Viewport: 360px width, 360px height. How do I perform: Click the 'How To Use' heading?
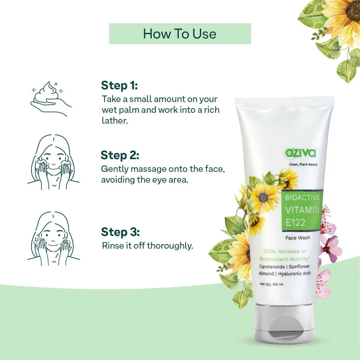click(x=180, y=34)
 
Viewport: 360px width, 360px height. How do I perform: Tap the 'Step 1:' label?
click(x=119, y=85)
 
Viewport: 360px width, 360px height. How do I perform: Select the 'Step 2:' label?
click(x=120, y=155)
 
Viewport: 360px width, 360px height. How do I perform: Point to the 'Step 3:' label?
click(x=120, y=232)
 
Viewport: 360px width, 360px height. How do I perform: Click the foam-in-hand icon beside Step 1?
click(x=51, y=98)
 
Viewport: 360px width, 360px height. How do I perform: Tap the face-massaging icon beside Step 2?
click(x=53, y=162)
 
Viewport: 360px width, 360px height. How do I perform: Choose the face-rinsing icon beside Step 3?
click(x=53, y=239)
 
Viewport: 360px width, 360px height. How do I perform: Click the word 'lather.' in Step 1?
click(x=115, y=121)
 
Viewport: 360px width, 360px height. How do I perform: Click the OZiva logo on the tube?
click(x=300, y=153)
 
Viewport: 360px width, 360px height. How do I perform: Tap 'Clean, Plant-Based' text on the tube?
click(x=303, y=165)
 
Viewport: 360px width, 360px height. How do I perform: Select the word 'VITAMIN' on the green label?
click(x=302, y=210)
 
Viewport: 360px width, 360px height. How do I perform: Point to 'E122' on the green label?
click(x=295, y=223)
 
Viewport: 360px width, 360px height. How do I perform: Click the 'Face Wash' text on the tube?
click(x=298, y=238)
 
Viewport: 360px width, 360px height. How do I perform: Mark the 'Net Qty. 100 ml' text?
click(x=271, y=284)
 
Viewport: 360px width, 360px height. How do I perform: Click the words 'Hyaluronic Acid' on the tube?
click(x=294, y=274)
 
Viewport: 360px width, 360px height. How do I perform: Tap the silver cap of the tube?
click(x=284, y=323)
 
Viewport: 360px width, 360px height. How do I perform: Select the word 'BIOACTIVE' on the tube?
click(x=302, y=198)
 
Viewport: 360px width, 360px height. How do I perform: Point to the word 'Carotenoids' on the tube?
click(x=272, y=267)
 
